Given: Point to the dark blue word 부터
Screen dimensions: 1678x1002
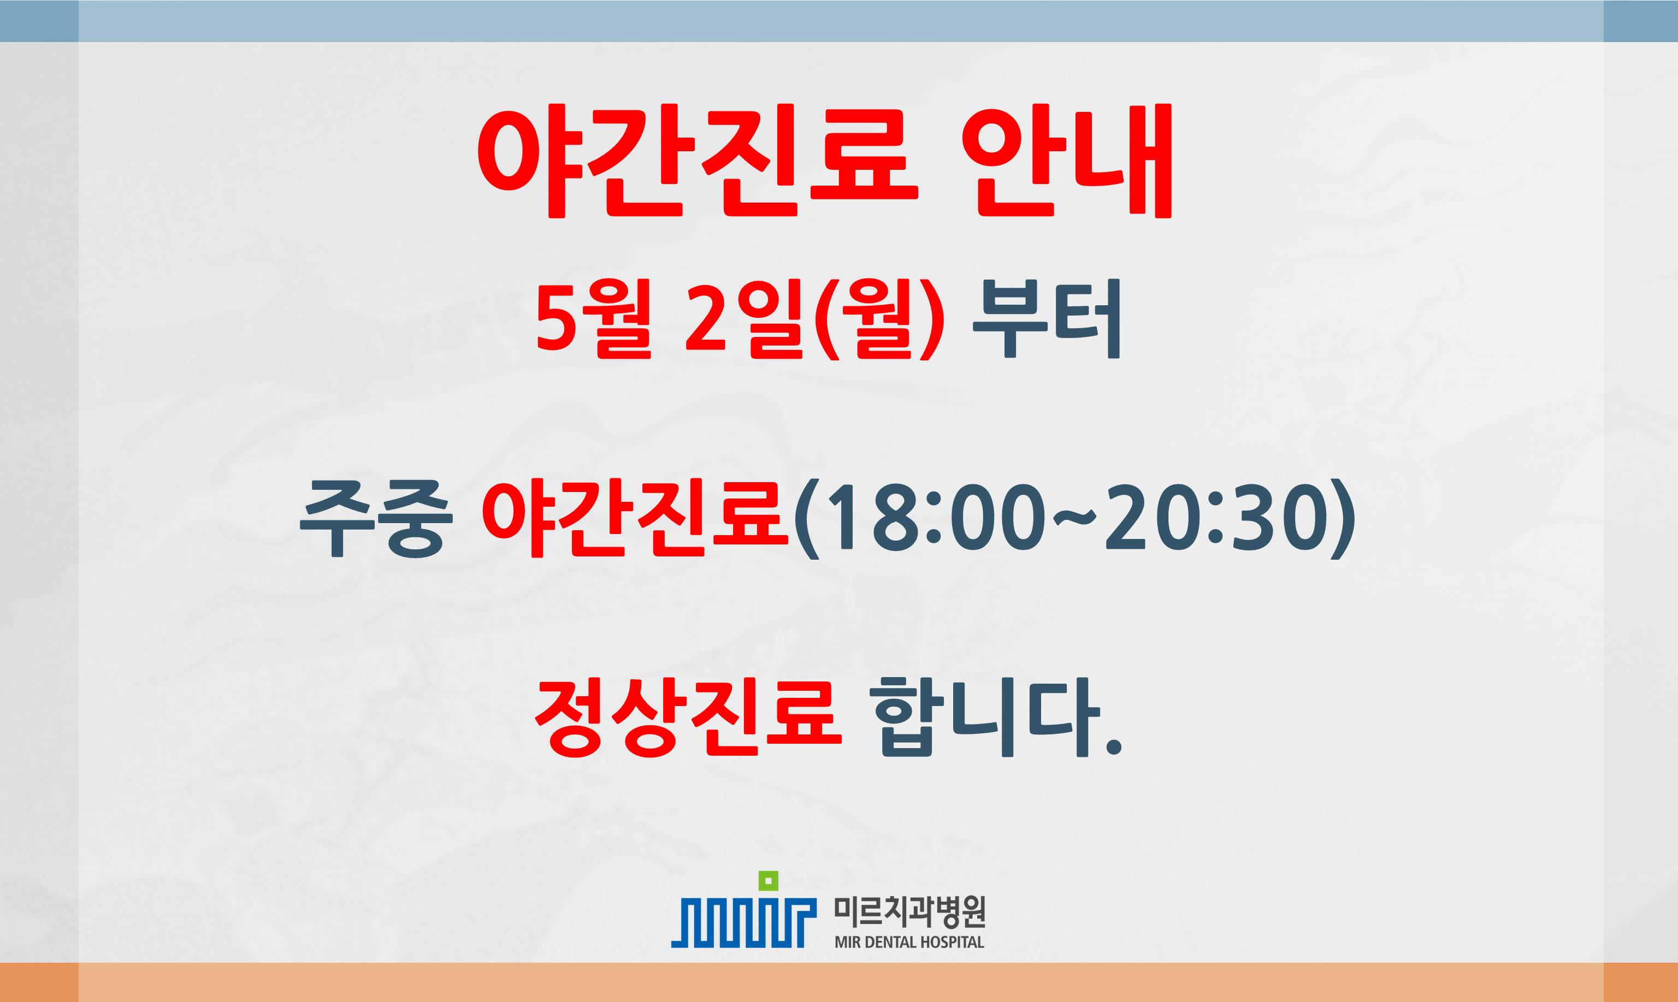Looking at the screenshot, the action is [1046, 319].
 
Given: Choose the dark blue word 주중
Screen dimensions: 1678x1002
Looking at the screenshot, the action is [374, 519].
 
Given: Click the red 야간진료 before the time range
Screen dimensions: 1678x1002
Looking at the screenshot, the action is [635, 519].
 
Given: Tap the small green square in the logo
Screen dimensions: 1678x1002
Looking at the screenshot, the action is [769, 880].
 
